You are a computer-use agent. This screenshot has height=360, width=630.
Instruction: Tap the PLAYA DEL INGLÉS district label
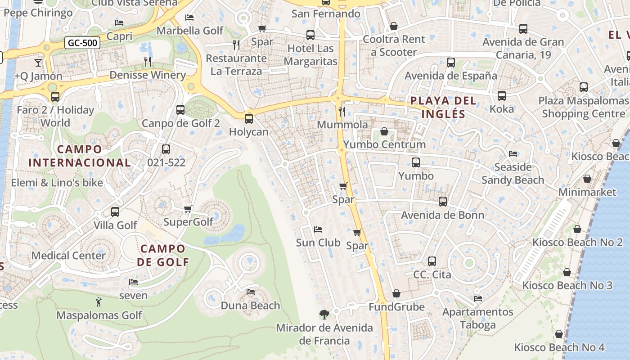coord(443,107)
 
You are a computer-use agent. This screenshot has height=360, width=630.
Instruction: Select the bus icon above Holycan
coord(248,119)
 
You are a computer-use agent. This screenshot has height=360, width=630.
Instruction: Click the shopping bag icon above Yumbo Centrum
coord(384,131)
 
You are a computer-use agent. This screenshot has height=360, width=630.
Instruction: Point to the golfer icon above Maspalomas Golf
coord(99,302)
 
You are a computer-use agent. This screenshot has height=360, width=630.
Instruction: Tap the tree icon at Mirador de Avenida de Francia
coord(324,314)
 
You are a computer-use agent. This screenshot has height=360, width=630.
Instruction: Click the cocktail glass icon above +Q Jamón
coord(38,63)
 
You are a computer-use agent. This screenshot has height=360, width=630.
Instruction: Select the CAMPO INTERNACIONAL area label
coord(80,156)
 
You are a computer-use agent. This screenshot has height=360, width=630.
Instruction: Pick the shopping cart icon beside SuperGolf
coord(188,209)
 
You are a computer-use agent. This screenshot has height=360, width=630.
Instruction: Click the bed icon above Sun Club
coord(318,229)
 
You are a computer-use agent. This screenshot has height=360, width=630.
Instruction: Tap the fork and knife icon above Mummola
coord(342,111)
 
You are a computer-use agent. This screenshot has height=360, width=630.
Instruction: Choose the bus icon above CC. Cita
coord(432,261)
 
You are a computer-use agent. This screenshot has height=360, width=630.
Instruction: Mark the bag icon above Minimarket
coord(587,179)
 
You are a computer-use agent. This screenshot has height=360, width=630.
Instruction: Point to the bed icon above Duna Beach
coord(251,292)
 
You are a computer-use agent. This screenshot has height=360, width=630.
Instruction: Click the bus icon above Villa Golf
coord(115,211)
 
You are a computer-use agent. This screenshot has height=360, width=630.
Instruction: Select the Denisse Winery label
coord(148,75)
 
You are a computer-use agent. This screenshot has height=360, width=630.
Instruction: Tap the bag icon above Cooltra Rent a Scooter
coord(394,26)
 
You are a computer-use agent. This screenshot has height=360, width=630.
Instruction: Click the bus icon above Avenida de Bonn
coord(443,202)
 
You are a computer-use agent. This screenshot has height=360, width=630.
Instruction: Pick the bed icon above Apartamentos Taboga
coord(478,298)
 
